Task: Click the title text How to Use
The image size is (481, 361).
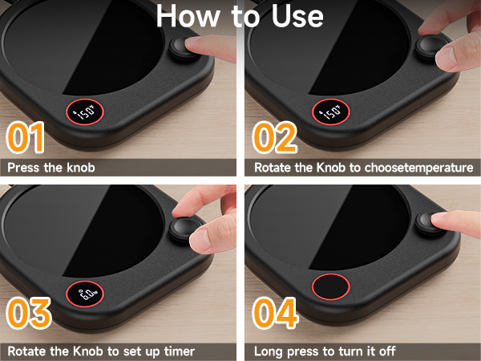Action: (x=240, y=16)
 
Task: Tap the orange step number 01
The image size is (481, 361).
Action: (x=26, y=137)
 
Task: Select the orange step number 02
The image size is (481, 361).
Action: (x=274, y=137)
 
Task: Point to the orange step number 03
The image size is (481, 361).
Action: (x=29, y=313)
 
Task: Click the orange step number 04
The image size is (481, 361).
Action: (x=275, y=313)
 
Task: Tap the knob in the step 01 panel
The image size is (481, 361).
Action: (x=184, y=48)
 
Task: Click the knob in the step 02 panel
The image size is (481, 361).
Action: (x=430, y=47)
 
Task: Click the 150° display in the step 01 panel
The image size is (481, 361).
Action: (x=85, y=112)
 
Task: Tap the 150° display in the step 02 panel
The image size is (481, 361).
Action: (x=330, y=112)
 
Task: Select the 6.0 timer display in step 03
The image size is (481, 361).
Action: (x=85, y=294)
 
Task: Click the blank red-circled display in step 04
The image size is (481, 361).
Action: (x=330, y=287)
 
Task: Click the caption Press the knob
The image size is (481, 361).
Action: (x=51, y=168)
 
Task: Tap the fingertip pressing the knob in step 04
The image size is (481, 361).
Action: (x=439, y=220)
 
